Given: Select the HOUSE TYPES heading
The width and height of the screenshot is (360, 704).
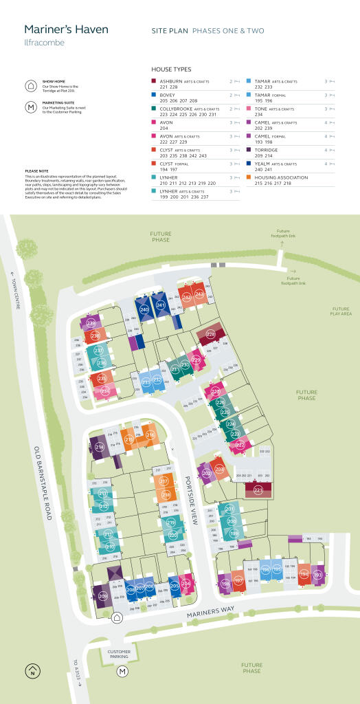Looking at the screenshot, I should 171,69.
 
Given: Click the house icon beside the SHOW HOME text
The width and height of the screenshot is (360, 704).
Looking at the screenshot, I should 30,86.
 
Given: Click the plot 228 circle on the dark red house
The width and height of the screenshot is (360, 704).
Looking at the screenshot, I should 211,334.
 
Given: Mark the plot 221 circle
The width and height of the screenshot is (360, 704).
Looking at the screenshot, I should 258,489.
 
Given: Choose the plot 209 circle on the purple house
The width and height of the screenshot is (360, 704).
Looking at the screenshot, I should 102,596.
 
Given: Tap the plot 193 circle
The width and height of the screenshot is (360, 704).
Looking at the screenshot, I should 317,574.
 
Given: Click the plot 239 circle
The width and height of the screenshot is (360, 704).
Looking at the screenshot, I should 91,322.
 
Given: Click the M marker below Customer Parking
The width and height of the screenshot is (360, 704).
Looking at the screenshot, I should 122,671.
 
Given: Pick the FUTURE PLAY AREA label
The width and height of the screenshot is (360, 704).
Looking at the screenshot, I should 341,311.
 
